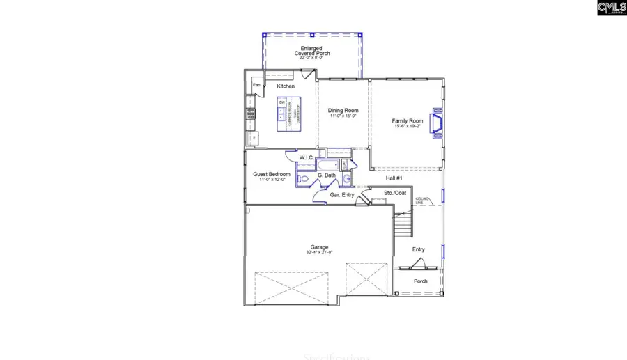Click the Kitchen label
click(x=286, y=86)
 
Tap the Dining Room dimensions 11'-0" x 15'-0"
click(x=343, y=116)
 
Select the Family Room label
click(x=407, y=121)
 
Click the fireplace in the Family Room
click(x=437, y=123)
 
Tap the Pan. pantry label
click(x=256, y=85)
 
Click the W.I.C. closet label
click(x=307, y=158)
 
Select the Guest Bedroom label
click(x=271, y=174)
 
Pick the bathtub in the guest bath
click(x=328, y=165)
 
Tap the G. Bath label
click(x=327, y=176)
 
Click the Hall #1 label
click(x=394, y=178)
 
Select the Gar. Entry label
click(x=342, y=195)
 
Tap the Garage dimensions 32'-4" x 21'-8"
click(x=320, y=252)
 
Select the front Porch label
click(x=420, y=281)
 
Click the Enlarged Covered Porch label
click(x=311, y=51)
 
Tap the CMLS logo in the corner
click(x=612, y=8)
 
